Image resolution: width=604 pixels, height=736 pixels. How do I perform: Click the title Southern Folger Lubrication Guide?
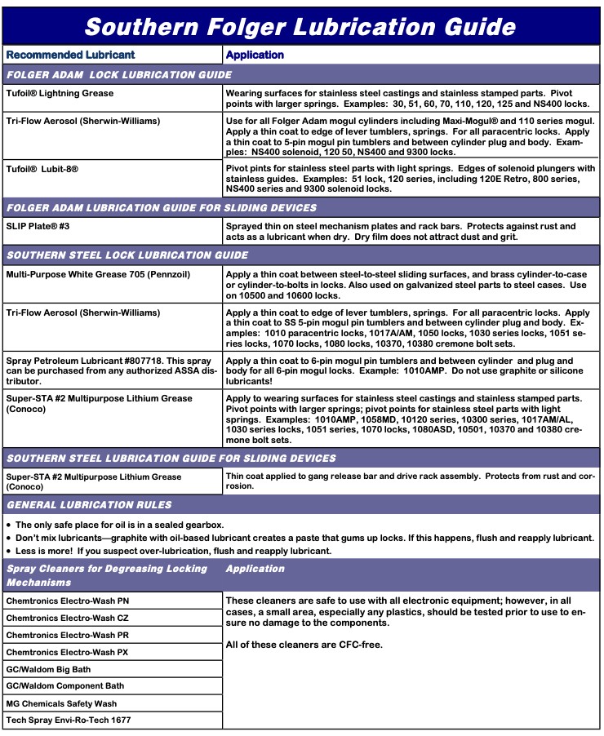tap(300, 26)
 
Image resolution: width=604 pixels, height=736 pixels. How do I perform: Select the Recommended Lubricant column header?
tap(70, 55)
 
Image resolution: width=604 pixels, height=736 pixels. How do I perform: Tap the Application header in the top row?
tap(255, 55)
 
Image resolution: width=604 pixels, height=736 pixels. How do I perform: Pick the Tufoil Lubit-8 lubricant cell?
tap(53, 168)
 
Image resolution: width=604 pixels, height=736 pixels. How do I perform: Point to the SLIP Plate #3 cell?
tap(39, 226)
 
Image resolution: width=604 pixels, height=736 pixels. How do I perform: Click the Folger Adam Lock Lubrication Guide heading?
tap(119, 75)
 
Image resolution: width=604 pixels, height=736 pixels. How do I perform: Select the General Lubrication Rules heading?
tap(89, 505)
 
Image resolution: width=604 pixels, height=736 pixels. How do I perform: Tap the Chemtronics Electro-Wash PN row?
tap(68, 601)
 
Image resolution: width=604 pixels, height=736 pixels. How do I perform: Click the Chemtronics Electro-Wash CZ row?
tap(68, 618)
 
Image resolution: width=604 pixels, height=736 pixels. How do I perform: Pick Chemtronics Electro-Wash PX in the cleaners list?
tap(68, 652)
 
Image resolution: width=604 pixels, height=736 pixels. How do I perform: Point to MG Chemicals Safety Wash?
tap(61, 703)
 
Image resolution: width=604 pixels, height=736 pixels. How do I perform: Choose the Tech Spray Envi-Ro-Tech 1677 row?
tap(69, 720)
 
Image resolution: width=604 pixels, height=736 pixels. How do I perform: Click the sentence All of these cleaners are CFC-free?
tap(304, 645)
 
